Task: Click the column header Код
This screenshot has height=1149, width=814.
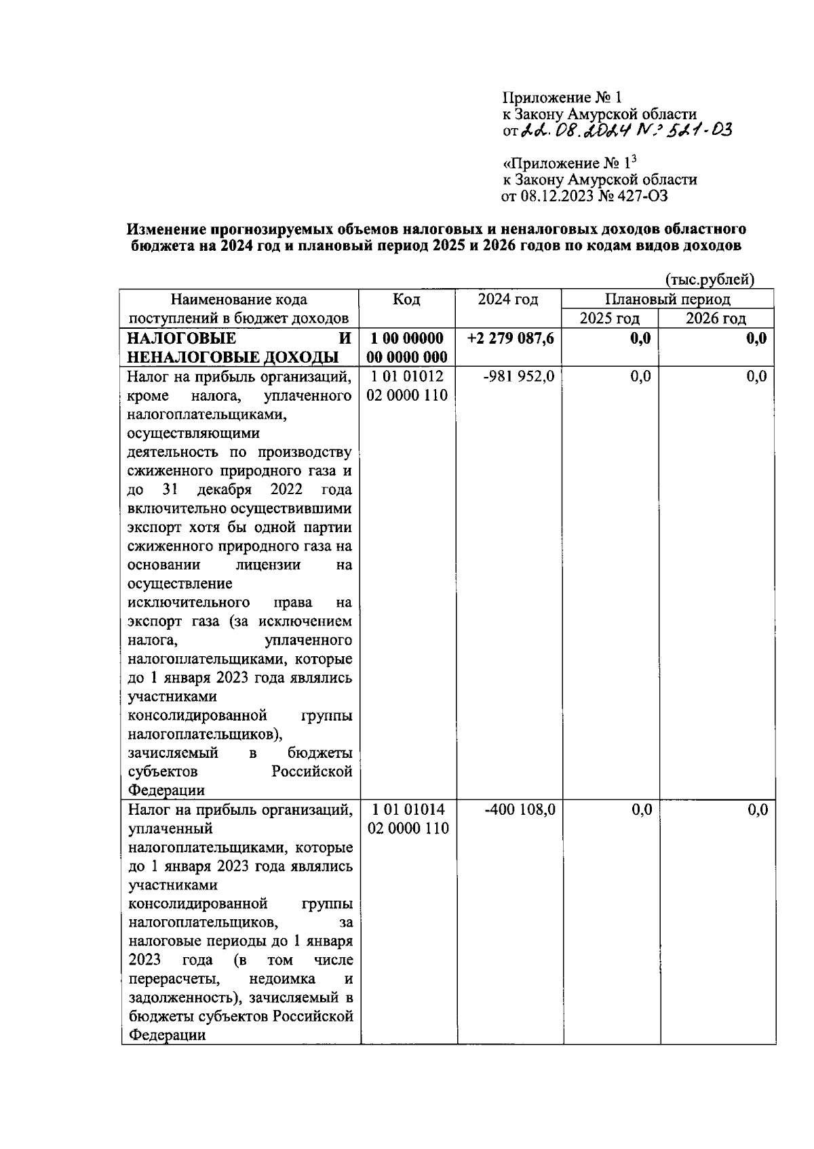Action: [406, 300]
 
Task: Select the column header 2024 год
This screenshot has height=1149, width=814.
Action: [508, 300]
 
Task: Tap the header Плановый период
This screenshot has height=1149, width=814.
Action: [667, 299]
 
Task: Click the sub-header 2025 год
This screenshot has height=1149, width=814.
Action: [609, 319]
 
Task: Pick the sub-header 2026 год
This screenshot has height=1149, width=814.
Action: [716, 319]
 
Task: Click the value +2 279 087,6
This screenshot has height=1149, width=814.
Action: [511, 338]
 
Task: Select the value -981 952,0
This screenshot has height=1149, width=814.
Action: [519, 376]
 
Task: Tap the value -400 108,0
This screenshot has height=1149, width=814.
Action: [520, 809]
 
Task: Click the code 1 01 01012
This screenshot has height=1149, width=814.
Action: [408, 376]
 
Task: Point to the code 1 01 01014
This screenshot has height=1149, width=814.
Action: [408, 809]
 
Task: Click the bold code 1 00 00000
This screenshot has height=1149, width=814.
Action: [407, 338]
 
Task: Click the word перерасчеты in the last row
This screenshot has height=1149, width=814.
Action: [174, 979]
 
